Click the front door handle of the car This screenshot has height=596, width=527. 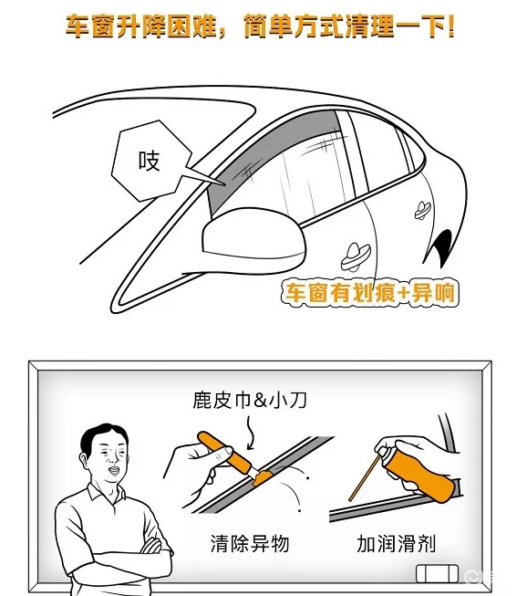pos(355,256)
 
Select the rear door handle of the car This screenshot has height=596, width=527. pos(423,210)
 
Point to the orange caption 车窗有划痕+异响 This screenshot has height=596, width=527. pos(370,293)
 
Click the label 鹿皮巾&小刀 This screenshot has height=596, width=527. pos(250,401)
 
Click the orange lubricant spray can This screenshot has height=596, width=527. pos(421,470)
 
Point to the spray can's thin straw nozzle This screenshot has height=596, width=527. pos(364,477)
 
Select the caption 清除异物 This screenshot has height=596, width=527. pos(250,543)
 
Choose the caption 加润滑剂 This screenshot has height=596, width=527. pos(396,543)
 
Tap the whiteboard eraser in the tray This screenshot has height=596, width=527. pos(437,574)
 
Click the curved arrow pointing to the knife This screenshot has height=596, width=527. pos(250,433)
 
